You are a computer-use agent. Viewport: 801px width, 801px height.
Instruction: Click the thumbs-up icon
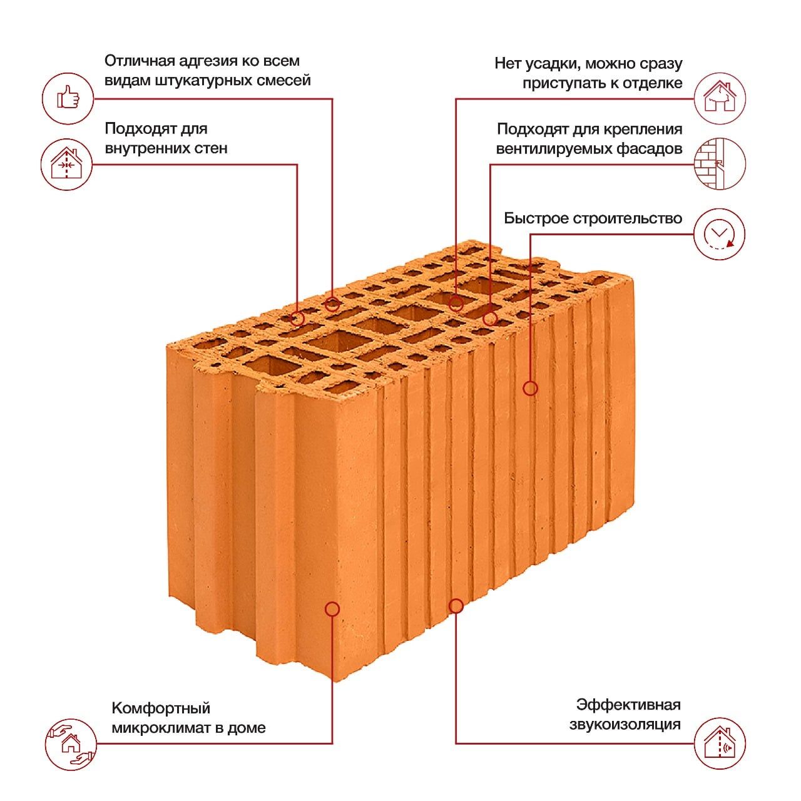(x=68, y=98)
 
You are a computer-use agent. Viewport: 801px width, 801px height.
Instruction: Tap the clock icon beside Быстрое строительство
(x=719, y=234)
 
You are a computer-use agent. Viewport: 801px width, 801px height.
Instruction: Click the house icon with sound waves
(x=720, y=743)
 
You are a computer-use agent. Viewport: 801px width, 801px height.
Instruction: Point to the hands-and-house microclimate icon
(x=71, y=744)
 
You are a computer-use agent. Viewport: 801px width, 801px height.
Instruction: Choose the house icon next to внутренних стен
(x=66, y=165)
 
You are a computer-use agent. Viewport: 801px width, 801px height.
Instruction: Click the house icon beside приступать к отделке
(x=720, y=98)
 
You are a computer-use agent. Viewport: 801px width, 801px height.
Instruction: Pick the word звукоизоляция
(x=625, y=725)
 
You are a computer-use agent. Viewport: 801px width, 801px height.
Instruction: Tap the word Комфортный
(x=161, y=708)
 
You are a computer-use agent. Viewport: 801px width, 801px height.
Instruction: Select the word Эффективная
(x=628, y=705)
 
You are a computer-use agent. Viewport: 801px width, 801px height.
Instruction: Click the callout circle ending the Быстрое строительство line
(x=530, y=388)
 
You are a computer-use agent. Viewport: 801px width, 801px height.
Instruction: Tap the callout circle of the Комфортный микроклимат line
(x=332, y=609)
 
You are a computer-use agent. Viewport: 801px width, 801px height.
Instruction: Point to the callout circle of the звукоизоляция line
(x=456, y=606)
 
